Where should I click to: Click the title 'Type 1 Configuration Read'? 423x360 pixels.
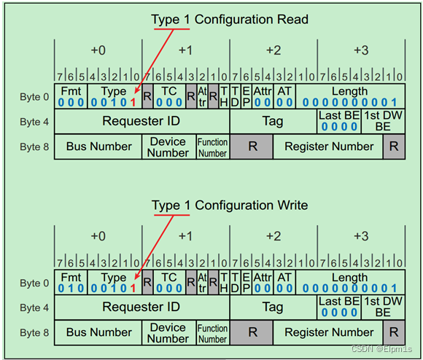point(230,20)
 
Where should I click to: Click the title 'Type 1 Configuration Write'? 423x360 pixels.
point(230,206)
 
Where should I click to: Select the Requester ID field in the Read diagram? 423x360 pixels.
point(141,121)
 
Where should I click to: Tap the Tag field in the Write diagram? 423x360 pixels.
point(272,307)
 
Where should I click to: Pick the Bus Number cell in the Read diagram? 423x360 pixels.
point(99,146)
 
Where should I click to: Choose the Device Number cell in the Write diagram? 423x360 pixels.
point(168,332)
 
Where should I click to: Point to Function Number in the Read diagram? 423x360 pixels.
point(213,147)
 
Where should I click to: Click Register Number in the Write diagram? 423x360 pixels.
point(329,332)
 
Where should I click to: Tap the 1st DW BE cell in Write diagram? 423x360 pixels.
point(383,307)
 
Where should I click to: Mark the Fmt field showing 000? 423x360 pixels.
point(71,96)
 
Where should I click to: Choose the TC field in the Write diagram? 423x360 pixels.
point(169,282)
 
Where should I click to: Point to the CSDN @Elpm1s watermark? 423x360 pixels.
point(384,349)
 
